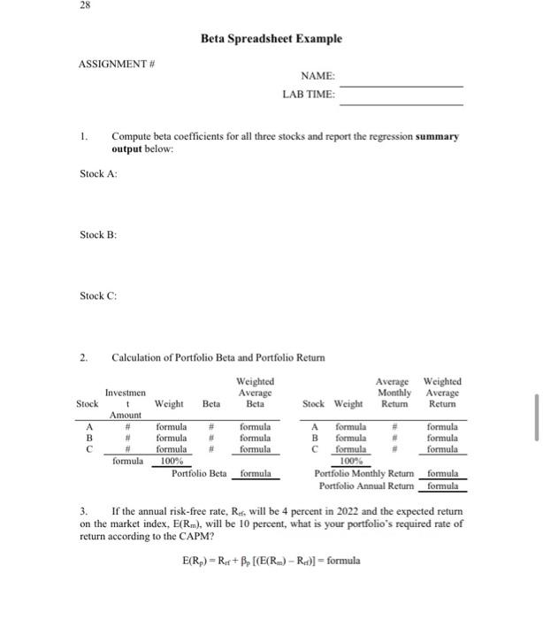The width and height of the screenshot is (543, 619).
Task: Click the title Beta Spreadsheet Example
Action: (x=271, y=39)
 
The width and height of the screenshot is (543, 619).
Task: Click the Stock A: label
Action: (x=98, y=173)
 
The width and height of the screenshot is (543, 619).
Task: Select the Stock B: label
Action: (x=98, y=234)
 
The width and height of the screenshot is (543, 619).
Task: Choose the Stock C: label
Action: (x=98, y=295)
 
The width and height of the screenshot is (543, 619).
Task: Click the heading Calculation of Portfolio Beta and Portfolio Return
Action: (x=218, y=357)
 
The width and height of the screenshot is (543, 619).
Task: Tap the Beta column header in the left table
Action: (x=210, y=403)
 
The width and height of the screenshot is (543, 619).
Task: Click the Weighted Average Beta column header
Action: (x=255, y=393)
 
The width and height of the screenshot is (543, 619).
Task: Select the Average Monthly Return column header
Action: (x=394, y=393)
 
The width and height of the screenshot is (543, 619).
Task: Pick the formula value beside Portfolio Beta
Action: (x=256, y=473)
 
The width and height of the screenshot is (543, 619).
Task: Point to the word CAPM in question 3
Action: (x=210, y=536)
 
